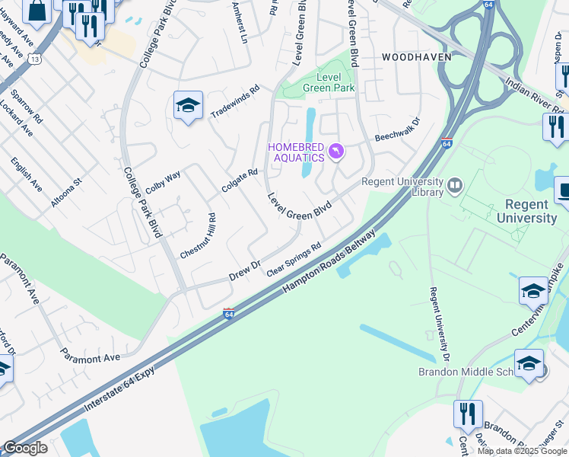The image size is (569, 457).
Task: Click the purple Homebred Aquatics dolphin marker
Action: (335, 153)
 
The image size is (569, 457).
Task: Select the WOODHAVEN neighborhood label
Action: (416, 57)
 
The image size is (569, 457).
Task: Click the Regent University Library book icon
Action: (456, 185)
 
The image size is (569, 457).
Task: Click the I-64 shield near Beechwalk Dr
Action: (447, 143)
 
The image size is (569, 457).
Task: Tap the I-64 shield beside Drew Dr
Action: (228, 313)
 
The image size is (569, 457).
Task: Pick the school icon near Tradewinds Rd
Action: (188, 106)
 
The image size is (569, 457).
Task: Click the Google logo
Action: (25, 448)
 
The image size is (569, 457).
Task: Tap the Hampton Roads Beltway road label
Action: (329, 261)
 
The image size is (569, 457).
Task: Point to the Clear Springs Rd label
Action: (294, 260)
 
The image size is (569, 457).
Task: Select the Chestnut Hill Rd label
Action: (199, 235)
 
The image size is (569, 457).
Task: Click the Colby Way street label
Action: (163, 181)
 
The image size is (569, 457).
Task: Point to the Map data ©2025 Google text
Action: (522, 451)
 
